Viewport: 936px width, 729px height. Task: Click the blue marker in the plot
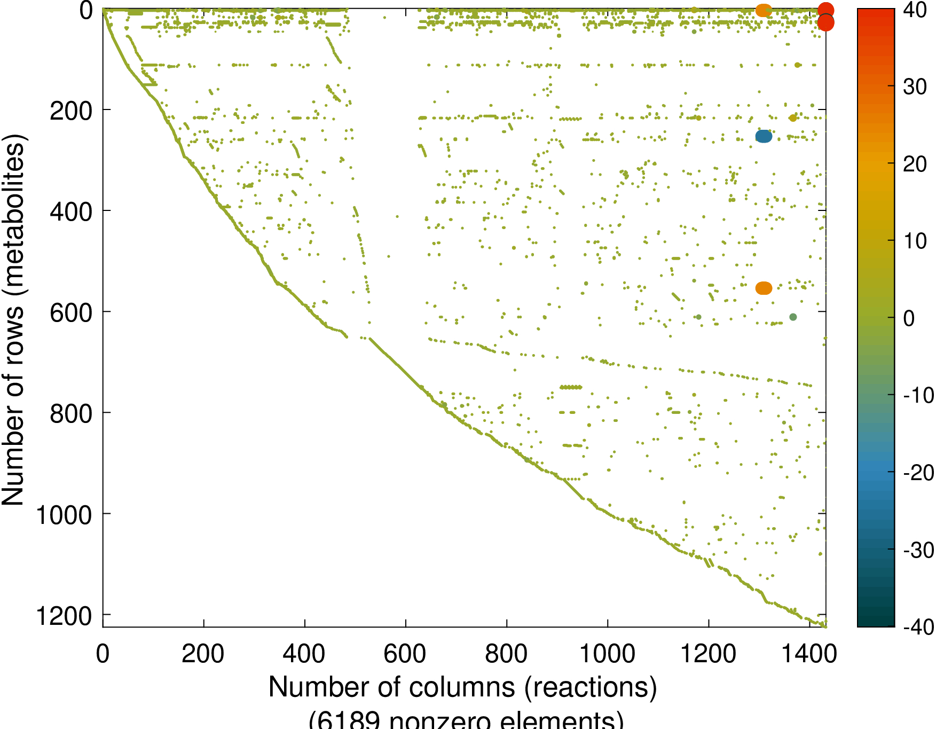point(764,137)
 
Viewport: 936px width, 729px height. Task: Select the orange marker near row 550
point(764,288)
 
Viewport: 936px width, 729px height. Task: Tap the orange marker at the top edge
point(764,10)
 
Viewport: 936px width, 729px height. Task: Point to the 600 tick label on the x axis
point(405,654)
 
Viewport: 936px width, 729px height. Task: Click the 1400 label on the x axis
point(809,654)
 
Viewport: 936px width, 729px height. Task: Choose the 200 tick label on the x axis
point(203,654)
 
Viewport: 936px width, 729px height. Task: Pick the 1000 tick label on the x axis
point(607,654)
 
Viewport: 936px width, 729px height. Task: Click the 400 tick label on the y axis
point(71,212)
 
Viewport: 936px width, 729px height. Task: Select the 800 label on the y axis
point(71,414)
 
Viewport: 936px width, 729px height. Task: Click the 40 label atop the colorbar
point(915,10)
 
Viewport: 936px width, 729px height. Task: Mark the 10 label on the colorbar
point(915,241)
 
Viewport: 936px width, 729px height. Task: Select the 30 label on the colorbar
point(915,87)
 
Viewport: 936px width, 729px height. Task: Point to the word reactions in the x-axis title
point(591,687)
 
